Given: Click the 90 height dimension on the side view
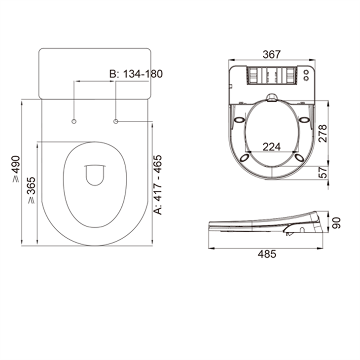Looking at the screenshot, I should click(336, 223).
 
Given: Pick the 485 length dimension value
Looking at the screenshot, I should click(267, 254).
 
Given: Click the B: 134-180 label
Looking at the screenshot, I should click(135, 74).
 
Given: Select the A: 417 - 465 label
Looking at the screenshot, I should click(158, 184).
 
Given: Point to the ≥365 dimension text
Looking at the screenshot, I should click(31, 190).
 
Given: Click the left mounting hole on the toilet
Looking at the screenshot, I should click(74, 121).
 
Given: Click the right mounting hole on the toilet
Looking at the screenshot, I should click(116, 121).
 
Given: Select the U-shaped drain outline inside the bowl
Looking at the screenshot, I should click(95, 175).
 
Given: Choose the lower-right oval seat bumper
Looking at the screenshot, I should click(299, 157).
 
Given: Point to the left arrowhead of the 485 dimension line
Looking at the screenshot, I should click(211, 248).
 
